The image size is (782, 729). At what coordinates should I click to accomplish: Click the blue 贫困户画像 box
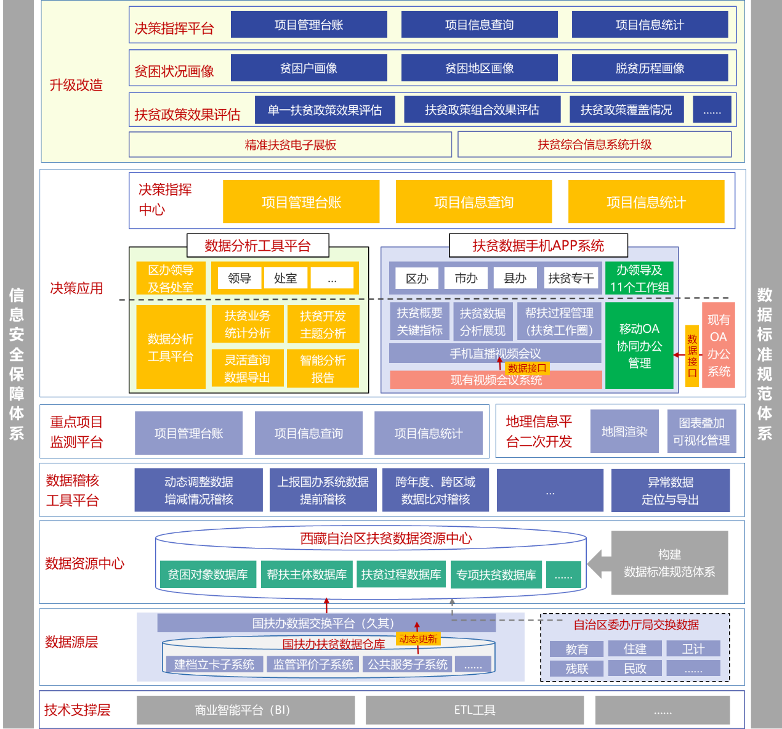tap(308, 68)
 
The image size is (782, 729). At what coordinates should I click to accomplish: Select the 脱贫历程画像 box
tap(650, 68)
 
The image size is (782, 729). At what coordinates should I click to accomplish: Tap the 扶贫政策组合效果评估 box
tap(482, 110)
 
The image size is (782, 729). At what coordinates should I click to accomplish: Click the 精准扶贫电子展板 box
tap(290, 145)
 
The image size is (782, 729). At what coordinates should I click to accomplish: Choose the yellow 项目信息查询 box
tap(474, 202)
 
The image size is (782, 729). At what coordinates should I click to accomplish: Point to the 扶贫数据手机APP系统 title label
tap(538, 246)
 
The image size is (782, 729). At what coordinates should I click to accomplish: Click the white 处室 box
tap(285, 278)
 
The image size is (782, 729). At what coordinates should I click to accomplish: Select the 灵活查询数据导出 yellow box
tap(247, 369)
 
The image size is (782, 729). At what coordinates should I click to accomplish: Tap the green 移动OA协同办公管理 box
tap(639, 346)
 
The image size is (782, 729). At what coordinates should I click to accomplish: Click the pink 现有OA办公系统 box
tap(719, 345)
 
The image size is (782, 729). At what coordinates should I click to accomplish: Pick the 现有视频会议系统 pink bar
tap(496, 380)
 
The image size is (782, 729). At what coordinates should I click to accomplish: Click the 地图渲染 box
tap(624, 431)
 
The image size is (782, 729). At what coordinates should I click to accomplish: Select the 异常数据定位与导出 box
tap(670, 491)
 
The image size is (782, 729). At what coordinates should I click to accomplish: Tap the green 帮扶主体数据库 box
tap(307, 574)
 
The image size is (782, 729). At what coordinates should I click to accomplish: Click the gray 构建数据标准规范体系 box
tap(669, 563)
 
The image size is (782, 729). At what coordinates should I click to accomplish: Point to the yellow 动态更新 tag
tap(418, 639)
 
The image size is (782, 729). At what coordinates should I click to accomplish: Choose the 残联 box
tap(577, 669)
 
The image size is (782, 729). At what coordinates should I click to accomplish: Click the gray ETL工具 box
tap(474, 710)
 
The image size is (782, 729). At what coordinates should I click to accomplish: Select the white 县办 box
tap(515, 278)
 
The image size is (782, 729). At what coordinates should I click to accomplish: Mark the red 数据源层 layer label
tap(71, 642)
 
